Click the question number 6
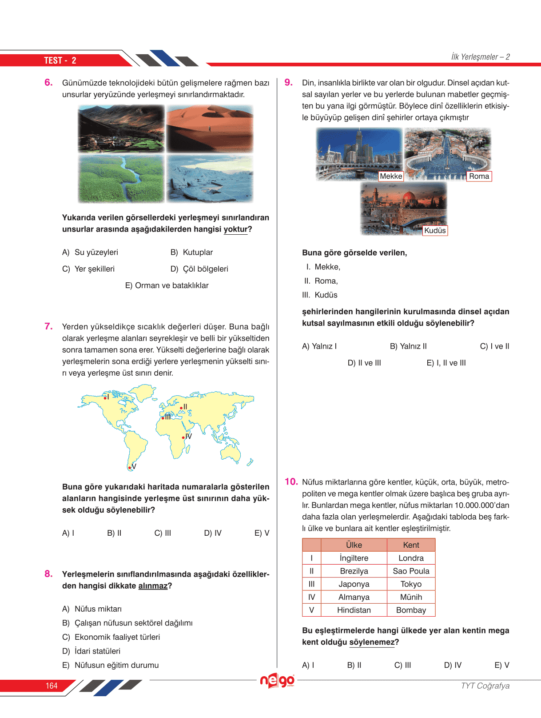[x=48, y=83]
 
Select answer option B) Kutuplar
[x=191, y=253]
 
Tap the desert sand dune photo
[x=210, y=129]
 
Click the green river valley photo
[x=121, y=179]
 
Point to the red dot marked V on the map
[x=129, y=468]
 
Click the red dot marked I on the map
[x=105, y=398]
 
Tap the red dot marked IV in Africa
[x=183, y=438]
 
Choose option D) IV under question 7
[x=212, y=533]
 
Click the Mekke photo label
[x=391, y=176]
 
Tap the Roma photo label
[x=479, y=176]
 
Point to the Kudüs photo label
[x=435, y=231]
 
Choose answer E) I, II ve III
[x=446, y=363]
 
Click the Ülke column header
[x=354, y=545]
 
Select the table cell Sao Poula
[x=411, y=571]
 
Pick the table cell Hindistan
[x=354, y=610]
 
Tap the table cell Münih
[x=411, y=597]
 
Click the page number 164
[x=52, y=686]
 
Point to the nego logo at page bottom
[x=277, y=681]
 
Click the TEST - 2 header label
[x=60, y=60]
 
